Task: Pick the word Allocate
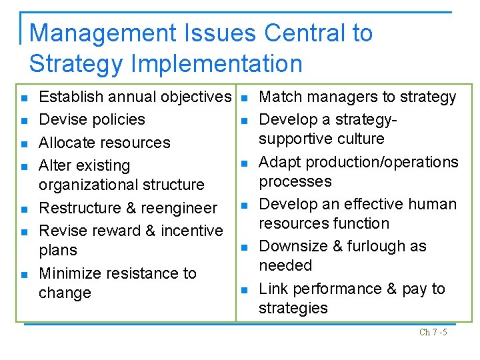(x=67, y=143)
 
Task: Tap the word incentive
(x=192, y=231)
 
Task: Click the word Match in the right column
(x=280, y=97)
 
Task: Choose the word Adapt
(x=280, y=162)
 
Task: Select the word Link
(x=273, y=289)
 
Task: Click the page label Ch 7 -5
(x=433, y=332)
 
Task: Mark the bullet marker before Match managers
(x=244, y=98)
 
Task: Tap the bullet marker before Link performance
(x=244, y=289)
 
